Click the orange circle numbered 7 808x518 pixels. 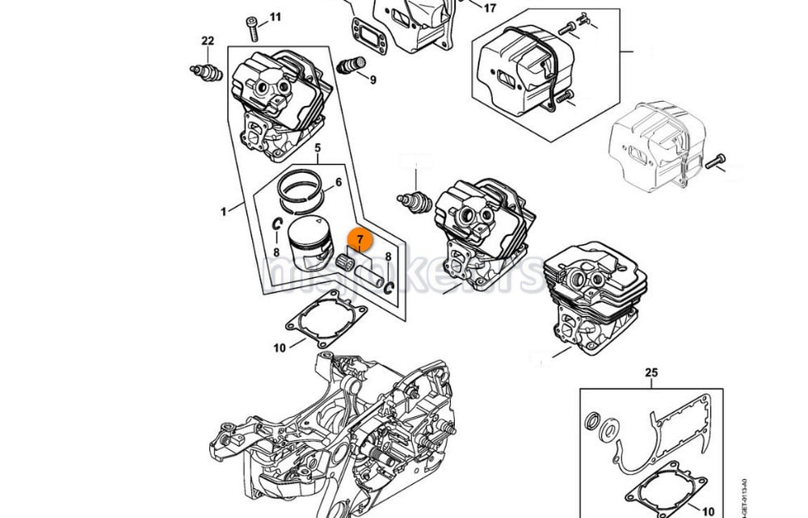tap(360, 239)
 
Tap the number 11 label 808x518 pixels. tap(276, 17)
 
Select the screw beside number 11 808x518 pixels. tap(254, 28)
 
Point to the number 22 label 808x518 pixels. tap(208, 41)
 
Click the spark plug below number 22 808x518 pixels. tap(207, 71)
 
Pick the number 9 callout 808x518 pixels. tap(372, 79)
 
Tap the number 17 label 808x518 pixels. tap(490, 8)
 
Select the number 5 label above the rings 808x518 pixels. tap(318, 148)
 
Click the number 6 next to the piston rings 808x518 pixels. tap(338, 183)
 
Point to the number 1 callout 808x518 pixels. tap(223, 212)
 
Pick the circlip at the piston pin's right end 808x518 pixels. tap(389, 287)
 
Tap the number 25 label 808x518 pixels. tap(652, 373)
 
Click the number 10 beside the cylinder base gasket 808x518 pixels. tap(280, 348)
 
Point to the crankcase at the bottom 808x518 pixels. tap(339, 428)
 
